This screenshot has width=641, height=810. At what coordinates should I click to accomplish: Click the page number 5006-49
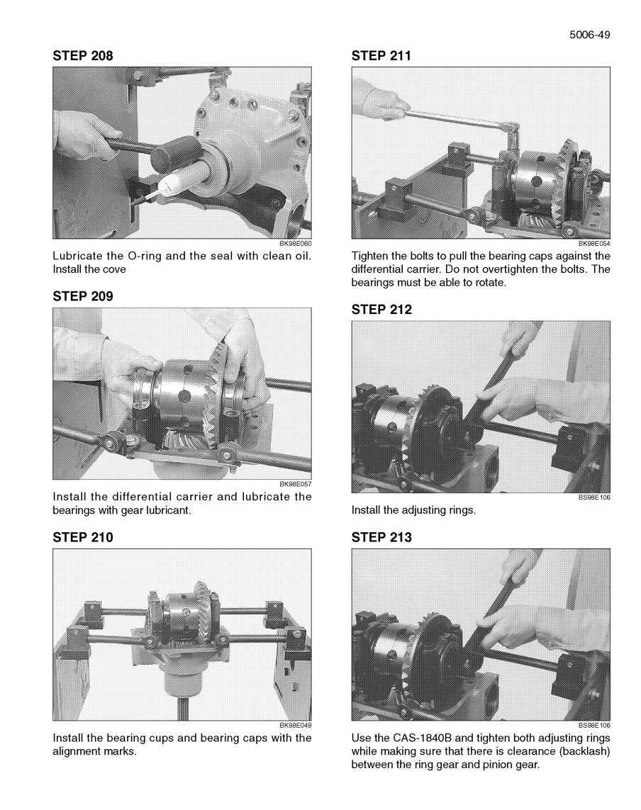[x=589, y=35]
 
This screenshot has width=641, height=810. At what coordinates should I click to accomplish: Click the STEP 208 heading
[x=83, y=56]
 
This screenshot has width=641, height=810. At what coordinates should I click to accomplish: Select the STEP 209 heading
[x=83, y=296]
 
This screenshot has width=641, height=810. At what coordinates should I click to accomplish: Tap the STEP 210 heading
[x=83, y=538]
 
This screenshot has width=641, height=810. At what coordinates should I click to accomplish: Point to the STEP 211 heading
[x=381, y=56]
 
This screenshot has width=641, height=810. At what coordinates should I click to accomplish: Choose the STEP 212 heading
[x=381, y=310]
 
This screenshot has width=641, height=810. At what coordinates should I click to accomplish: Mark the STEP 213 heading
[x=381, y=538]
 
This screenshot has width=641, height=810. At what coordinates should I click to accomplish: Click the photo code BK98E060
[x=295, y=243]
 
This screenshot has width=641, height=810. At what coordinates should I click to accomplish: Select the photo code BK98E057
[x=295, y=484]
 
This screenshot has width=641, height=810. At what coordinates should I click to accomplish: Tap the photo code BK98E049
[x=295, y=725]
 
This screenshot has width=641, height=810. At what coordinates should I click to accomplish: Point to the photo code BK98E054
[x=594, y=243]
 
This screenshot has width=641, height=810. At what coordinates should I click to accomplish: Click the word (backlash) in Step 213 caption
[x=584, y=752]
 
